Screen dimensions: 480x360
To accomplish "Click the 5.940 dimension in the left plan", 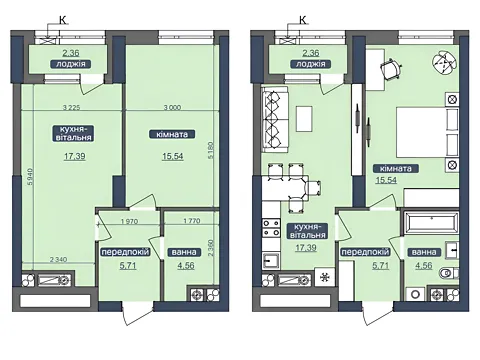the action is pos(30,177).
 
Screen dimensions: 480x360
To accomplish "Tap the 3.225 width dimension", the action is pos(72,107).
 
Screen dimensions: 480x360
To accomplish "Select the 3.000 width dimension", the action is pos(173,107).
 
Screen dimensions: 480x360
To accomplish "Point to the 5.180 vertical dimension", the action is pos(211,150).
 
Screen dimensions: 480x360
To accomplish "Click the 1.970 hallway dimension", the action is pos(129,221).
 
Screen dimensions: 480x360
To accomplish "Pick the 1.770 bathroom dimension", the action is pos(192,220).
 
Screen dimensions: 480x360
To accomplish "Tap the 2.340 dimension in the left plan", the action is pos(58,259).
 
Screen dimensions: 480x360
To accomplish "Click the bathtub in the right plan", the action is pos(432,222).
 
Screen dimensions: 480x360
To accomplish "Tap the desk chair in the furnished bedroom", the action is pos(391,69).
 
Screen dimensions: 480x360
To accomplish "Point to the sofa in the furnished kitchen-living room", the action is pos(275,120).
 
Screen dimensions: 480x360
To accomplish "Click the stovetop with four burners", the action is pos(271,228).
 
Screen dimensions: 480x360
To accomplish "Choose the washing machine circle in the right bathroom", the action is pos(415,294).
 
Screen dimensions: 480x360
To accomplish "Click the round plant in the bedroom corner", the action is pos(444,62).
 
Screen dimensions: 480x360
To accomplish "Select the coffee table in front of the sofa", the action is pos(304,119).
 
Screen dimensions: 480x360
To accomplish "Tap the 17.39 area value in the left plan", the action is pos(75,156).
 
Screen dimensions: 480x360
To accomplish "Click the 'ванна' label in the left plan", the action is pos(184,252).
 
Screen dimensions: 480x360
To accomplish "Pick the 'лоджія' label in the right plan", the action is pos(311,64).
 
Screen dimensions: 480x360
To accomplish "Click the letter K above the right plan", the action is pos(303,20).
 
